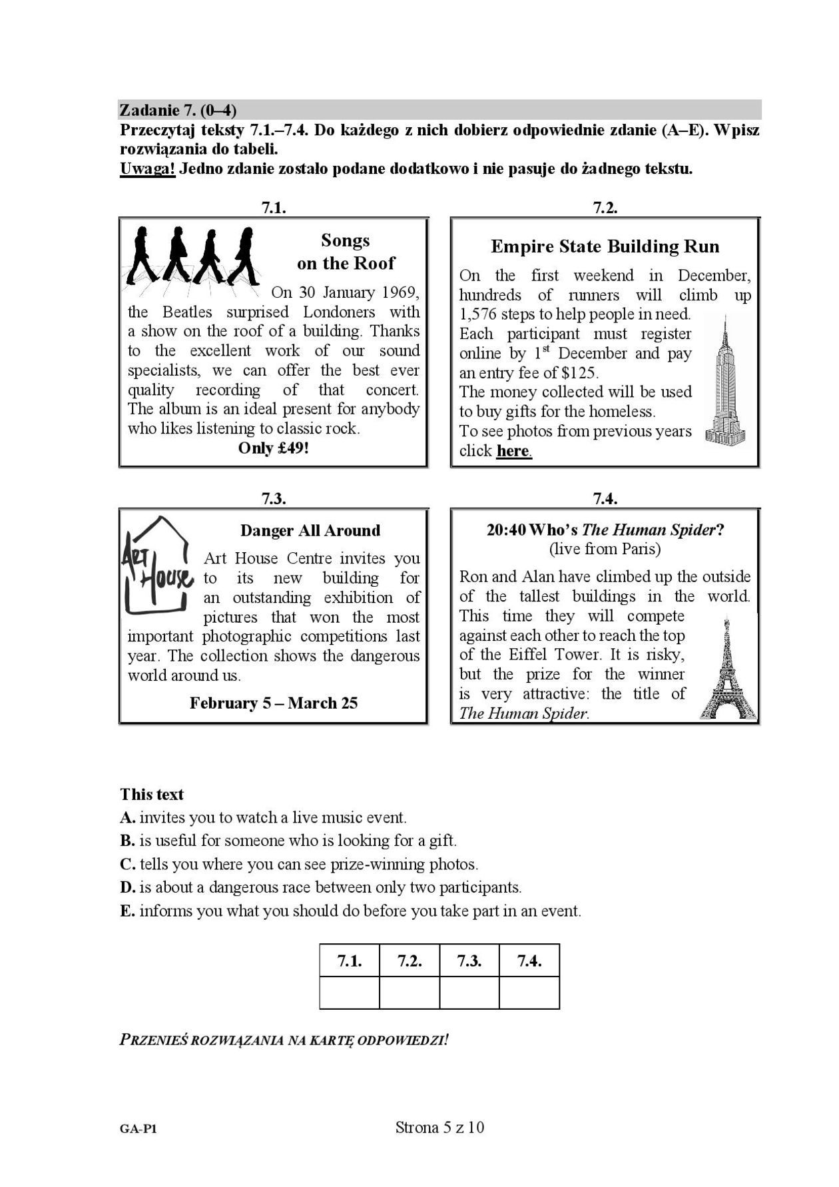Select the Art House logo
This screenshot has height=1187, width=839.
pyautogui.click(x=157, y=565)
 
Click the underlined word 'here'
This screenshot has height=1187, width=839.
pyautogui.click(x=513, y=451)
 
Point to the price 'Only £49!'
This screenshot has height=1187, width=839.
pyautogui.click(x=274, y=448)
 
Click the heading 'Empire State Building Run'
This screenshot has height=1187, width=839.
pyautogui.click(x=605, y=246)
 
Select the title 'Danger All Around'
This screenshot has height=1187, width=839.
pyautogui.click(x=310, y=531)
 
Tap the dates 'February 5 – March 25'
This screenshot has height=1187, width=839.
pyautogui.click(x=274, y=703)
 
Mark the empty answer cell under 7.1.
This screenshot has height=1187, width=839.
pyautogui.click(x=350, y=992)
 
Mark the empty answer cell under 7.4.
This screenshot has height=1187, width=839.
pyautogui.click(x=529, y=992)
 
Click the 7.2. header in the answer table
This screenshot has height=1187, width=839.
pyautogui.click(x=410, y=961)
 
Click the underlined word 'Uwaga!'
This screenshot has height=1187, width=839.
pyautogui.click(x=147, y=169)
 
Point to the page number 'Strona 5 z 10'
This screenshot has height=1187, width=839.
pyautogui.click(x=439, y=1127)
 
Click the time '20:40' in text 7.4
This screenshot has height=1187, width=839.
pyautogui.click(x=505, y=530)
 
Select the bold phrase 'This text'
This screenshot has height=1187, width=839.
pyautogui.click(x=152, y=794)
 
